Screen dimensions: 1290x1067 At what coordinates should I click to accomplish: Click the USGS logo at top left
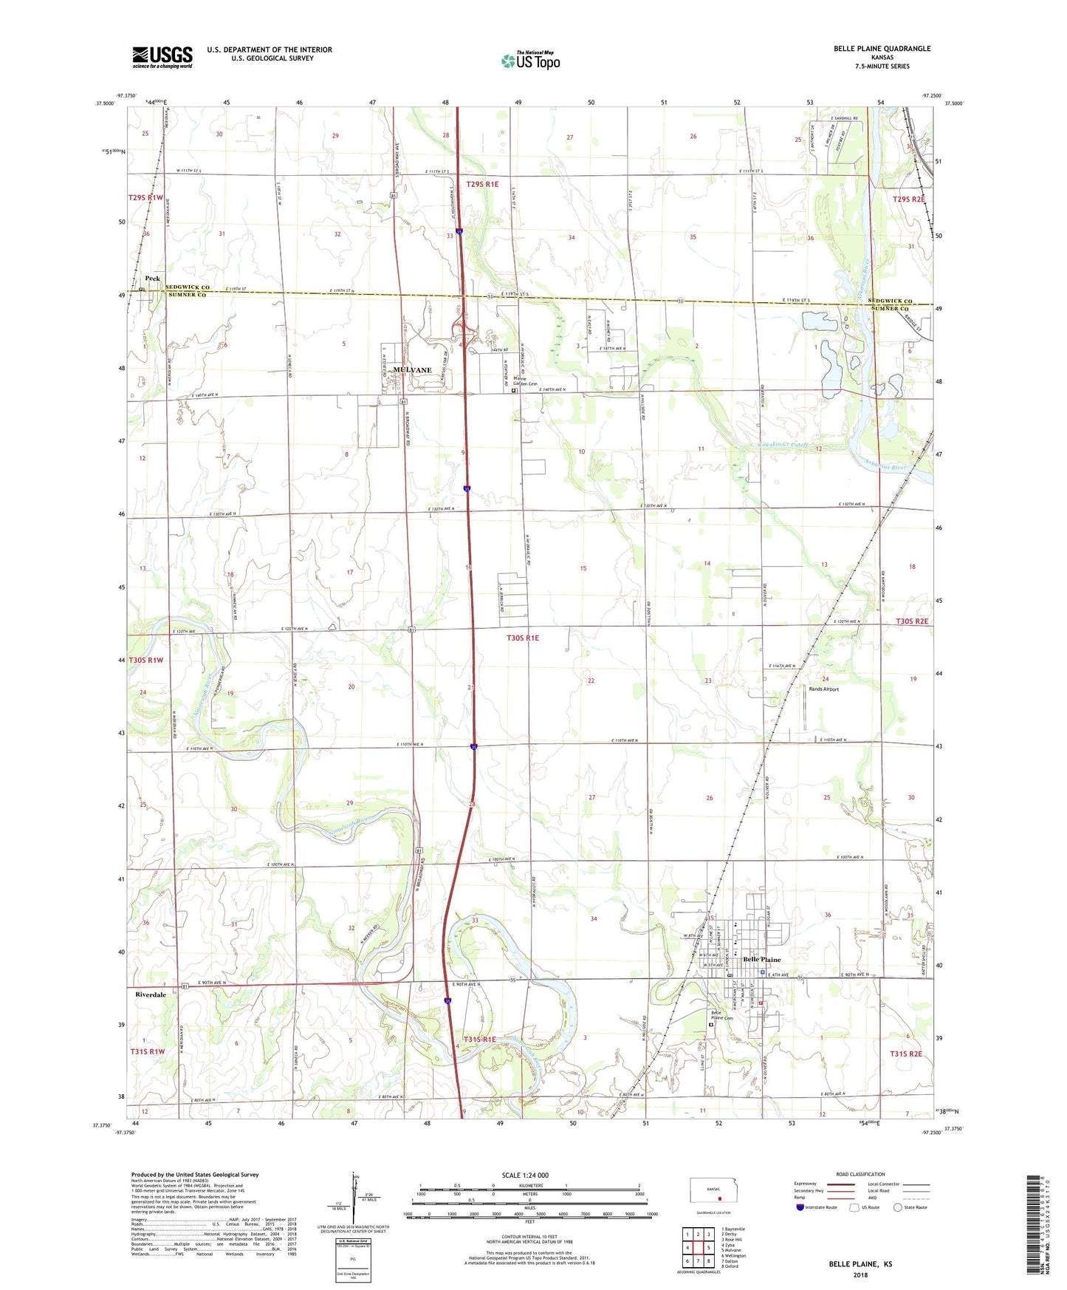coord(162,57)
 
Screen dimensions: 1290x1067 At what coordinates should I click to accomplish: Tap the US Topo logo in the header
coord(530,61)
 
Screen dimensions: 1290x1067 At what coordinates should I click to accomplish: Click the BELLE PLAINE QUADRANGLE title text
coord(882,49)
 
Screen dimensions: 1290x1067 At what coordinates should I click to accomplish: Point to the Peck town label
coord(152,279)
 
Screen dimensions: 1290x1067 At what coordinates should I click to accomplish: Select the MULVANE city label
coord(412,370)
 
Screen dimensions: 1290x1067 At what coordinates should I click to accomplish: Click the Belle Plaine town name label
coord(761,960)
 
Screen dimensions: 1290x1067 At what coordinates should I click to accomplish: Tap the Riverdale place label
coord(151,994)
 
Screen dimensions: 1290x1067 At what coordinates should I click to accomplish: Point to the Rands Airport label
coord(823,689)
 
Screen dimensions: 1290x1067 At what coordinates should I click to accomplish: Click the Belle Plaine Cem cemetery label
coord(721,1015)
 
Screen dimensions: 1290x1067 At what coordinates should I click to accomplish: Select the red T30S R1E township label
coord(522,638)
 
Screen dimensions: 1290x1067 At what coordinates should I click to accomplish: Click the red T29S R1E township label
coord(482,184)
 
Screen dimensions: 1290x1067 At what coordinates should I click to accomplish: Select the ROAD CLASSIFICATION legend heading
coord(860,1174)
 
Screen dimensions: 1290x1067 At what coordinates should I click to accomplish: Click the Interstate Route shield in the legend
coord(800,1207)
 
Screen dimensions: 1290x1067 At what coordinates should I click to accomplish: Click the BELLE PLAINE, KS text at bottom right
coord(860,1263)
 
